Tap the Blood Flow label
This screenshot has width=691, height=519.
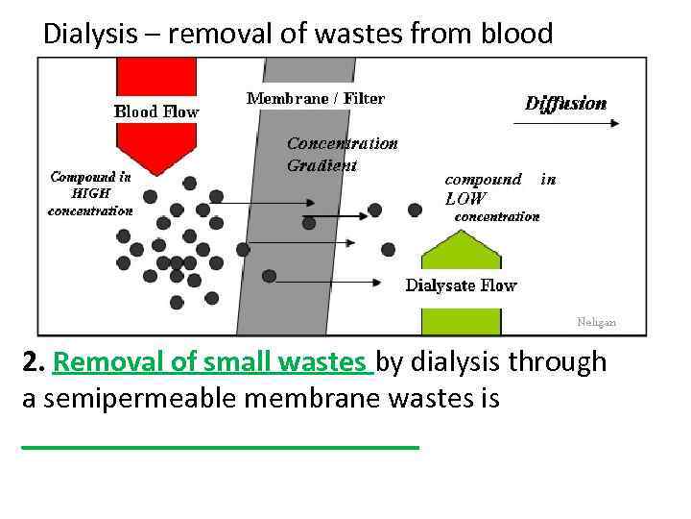click(156, 111)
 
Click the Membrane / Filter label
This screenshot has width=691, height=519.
click(316, 97)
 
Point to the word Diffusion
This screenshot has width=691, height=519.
click(565, 104)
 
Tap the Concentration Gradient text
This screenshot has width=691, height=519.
click(342, 154)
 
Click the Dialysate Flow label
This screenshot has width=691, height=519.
click(461, 285)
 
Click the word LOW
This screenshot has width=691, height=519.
click(465, 199)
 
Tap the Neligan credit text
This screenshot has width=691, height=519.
click(597, 323)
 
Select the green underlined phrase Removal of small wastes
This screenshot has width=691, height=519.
click(213, 362)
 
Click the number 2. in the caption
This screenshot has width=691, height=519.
click(35, 362)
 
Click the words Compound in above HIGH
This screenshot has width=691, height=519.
click(90, 177)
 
